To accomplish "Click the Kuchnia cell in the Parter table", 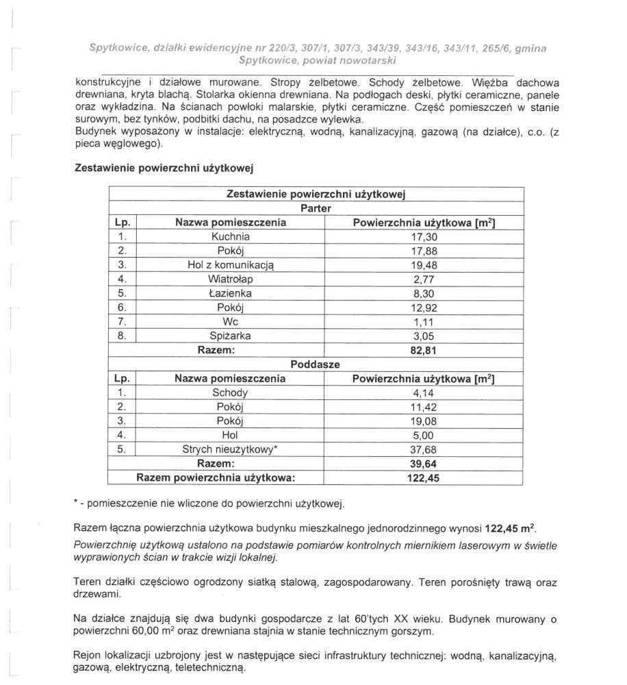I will tap(230, 236).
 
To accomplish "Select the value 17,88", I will tap(423, 251).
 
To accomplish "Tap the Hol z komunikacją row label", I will tap(230, 265).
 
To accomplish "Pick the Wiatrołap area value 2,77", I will tap(423, 279).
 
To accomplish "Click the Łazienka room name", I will tap(230, 293).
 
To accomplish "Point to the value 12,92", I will tap(423, 308).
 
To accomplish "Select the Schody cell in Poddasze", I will tap(230, 393).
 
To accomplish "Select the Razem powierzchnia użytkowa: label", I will tap(220, 478).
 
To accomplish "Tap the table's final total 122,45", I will tap(423, 478).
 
